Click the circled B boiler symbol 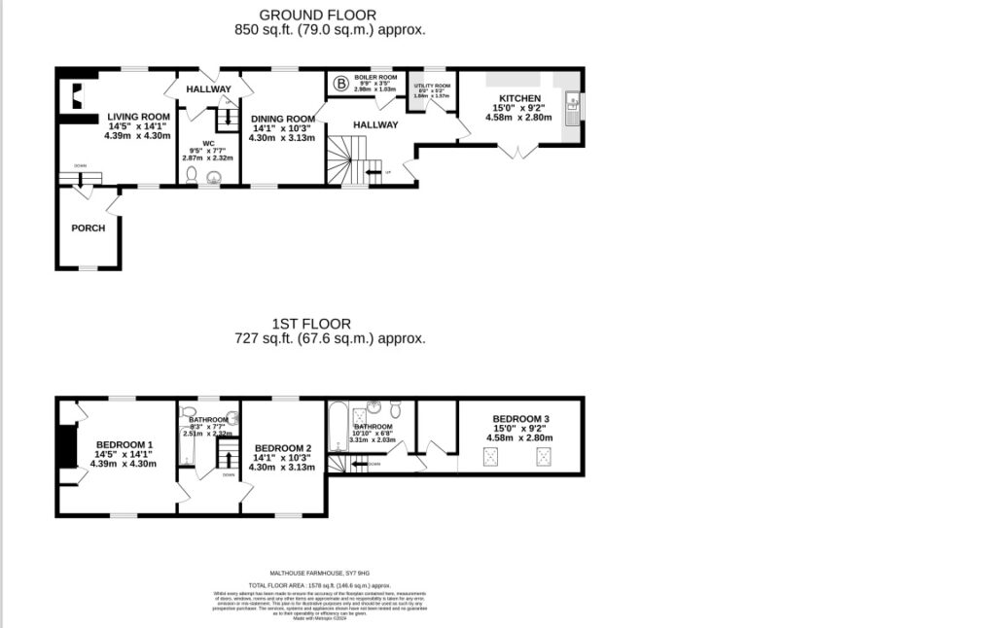340,84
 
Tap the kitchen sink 573,103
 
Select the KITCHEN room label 518,99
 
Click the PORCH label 88,228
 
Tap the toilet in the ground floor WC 191,176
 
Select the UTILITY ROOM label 432,87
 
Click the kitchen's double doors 517,151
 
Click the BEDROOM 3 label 520,419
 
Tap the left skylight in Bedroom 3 491,455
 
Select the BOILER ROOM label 375,77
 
